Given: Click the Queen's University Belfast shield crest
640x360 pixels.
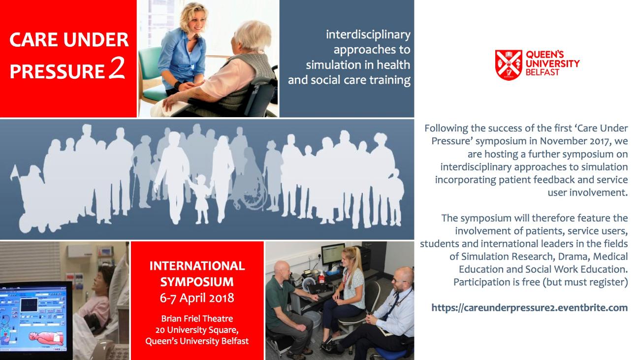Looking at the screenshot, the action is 509,65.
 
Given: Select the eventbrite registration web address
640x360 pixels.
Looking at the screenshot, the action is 529,308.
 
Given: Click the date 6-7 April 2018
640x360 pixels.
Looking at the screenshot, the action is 197,298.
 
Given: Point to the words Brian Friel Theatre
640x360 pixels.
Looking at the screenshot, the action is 197,318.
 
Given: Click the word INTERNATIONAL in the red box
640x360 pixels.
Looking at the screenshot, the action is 197,266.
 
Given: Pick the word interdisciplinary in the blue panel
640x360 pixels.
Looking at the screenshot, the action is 368,34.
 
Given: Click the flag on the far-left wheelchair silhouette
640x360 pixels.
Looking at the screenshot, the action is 14,173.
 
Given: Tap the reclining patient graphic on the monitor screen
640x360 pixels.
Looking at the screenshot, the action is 46,338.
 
